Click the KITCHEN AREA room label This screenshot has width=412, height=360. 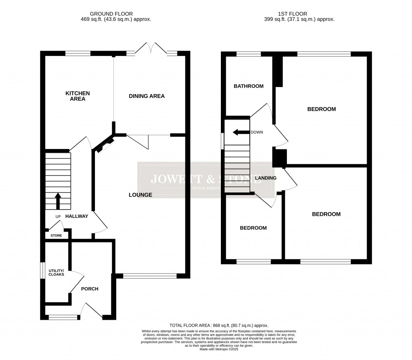coord(78,96)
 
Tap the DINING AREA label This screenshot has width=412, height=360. coord(147,96)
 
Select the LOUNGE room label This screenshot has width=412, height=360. coord(140,195)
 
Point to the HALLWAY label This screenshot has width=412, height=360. coord(77,216)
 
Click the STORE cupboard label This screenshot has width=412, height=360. coord(56,236)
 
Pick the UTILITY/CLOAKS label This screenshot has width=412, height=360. coord(57,272)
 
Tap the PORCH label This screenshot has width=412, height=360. coord(90,289)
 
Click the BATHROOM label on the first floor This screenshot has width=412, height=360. coord(249,86)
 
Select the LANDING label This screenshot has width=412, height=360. coord(266,178)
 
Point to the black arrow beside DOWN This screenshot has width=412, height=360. coord(241,132)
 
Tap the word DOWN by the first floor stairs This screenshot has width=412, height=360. coord(256,132)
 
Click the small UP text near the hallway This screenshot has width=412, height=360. coord(58,216)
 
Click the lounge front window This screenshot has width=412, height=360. coord(150,276)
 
